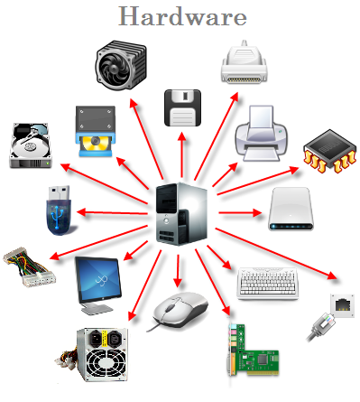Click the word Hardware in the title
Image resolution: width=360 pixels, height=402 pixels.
click(x=182, y=16)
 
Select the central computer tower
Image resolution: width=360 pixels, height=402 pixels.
click(x=181, y=213)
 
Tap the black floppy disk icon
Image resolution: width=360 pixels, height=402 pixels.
click(x=182, y=108)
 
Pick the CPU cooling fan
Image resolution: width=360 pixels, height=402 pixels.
click(x=121, y=65)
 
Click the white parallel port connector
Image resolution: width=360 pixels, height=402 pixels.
click(x=244, y=62)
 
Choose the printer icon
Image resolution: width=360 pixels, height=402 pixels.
click(x=261, y=134)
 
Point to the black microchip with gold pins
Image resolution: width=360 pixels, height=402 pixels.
click(x=330, y=151)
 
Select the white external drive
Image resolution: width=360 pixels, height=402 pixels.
click(x=291, y=209)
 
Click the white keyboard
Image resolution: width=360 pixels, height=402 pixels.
click(x=267, y=283)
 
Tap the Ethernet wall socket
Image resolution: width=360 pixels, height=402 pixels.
click(x=342, y=305)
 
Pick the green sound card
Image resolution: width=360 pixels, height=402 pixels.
click(x=253, y=351)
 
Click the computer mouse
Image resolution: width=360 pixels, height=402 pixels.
click(x=180, y=311)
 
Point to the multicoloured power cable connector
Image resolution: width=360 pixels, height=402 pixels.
click(x=30, y=266)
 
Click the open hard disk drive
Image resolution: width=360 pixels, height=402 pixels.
click(x=30, y=145)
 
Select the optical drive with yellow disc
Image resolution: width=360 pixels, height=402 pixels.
click(x=96, y=131)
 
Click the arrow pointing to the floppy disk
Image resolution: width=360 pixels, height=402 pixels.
click(x=182, y=154)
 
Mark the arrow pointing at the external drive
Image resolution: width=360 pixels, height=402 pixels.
click(x=240, y=213)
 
